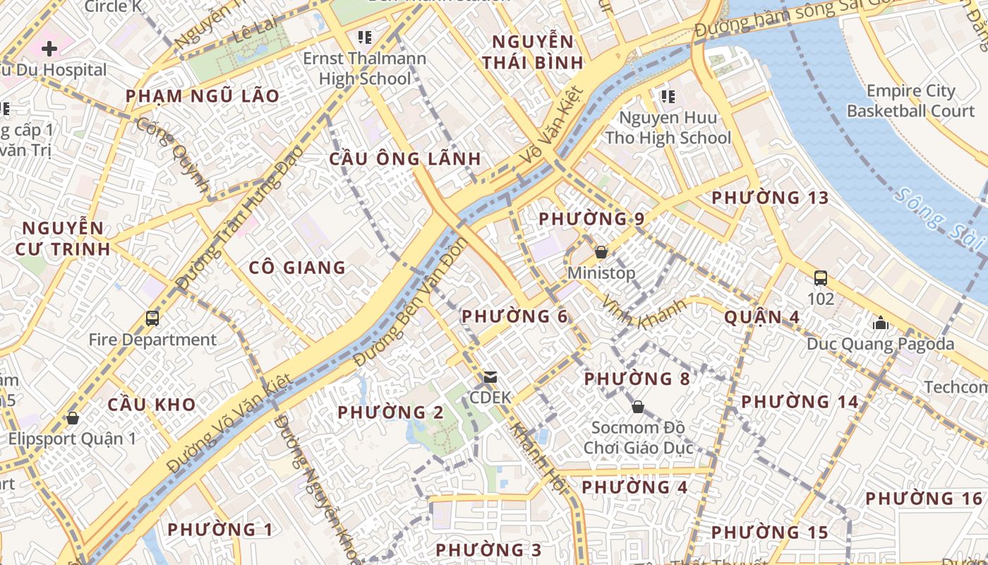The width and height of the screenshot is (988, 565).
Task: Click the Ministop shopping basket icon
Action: coord(601,252)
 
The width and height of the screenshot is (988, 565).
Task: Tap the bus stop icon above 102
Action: coord(821,278)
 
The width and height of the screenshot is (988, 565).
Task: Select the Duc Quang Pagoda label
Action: coord(881,345)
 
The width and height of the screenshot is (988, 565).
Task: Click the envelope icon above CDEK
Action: coord(490,377)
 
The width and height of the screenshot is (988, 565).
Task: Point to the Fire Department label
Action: coord(152,340)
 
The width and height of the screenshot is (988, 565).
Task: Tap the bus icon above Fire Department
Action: coord(152,319)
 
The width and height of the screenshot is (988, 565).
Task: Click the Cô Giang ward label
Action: coord(297,268)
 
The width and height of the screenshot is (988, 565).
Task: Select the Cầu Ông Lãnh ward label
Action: coord(405,159)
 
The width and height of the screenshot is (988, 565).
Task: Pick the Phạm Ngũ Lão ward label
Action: coord(203,96)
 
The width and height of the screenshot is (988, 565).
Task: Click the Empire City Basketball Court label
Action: coord(910,101)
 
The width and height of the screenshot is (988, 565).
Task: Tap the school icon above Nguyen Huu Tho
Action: coord(668,96)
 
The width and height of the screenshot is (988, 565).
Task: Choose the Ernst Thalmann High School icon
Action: coord(365,37)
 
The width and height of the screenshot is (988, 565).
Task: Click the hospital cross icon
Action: coord(49,49)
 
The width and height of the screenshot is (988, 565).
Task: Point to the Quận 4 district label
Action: coord(762,317)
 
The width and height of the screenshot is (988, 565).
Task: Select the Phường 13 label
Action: coord(770,198)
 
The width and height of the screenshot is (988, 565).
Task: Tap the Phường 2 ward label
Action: coord(390,412)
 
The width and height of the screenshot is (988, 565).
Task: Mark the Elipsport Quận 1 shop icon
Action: coord(72,418)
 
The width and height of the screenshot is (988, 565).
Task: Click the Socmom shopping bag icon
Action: coord(638,407)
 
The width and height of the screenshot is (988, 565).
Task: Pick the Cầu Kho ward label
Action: coord(151,405)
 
